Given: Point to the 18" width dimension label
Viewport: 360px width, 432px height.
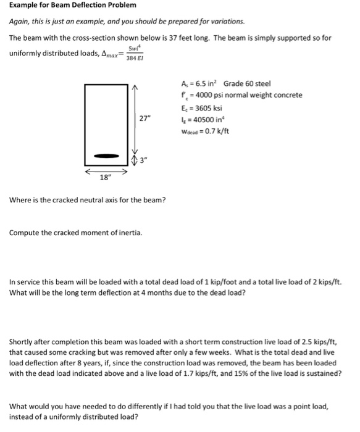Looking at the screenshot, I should click(x=106, y=180).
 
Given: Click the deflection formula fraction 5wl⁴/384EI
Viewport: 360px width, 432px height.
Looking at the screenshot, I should click(x=133, y=52).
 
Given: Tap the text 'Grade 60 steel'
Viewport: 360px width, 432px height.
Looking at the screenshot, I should click(x=247, y=83).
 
